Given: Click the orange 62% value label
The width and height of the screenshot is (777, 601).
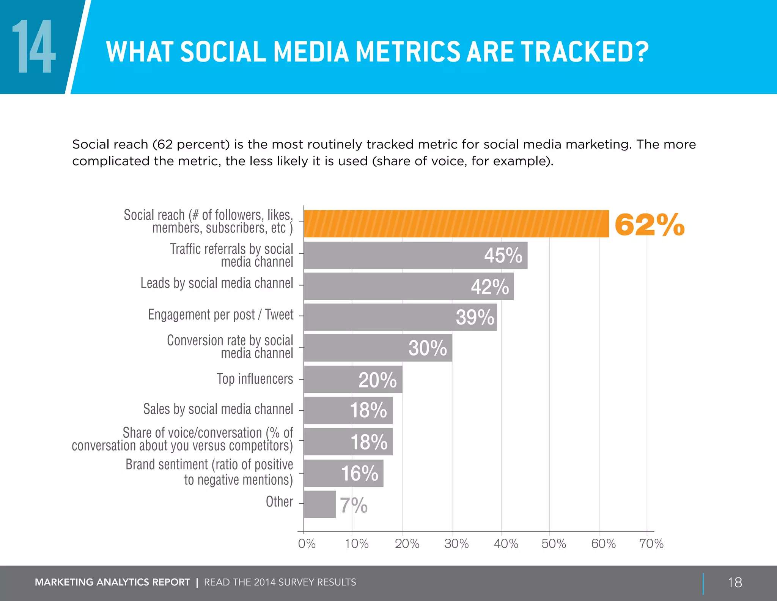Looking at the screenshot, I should [x=649, y=225].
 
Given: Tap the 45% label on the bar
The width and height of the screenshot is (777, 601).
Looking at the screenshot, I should [x=503, y=255].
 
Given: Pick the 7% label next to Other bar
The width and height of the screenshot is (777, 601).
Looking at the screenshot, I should [x=353, y=505].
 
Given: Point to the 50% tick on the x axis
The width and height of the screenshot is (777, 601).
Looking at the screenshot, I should [x=554, y=544].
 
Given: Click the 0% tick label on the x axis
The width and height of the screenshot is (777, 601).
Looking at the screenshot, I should [x=307, y=544].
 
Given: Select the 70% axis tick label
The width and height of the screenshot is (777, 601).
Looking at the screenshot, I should [x=651, y=544].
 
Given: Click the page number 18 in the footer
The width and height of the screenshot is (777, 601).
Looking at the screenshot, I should [x=735, y=582].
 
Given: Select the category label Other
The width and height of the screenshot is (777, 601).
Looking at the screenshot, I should [x=279, y=502].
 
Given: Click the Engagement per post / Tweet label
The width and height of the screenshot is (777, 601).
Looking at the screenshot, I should [x=220, y=315].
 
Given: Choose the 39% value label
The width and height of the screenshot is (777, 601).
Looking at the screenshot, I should [x=475, y=317].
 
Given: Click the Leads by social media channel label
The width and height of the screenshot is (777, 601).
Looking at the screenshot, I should [x=217, y=283].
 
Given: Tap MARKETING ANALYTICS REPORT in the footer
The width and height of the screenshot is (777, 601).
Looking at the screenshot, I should [x=112, y=582].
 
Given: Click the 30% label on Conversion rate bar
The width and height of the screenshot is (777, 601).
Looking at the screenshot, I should [x=428, y=348].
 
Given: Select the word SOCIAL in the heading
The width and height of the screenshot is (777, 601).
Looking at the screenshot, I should [x=223, y=52].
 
